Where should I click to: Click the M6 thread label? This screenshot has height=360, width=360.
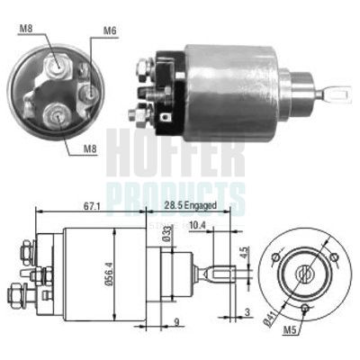(109, 31)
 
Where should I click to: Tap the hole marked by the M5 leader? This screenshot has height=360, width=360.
(306, 309)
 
